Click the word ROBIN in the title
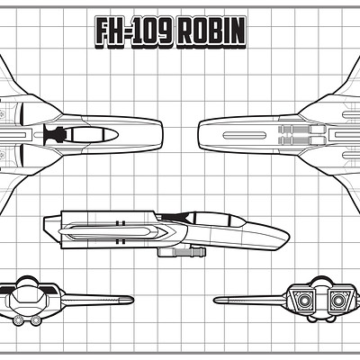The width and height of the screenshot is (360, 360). point(211,32)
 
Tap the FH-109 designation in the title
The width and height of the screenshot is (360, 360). point(134,32)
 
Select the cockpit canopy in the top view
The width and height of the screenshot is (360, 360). point(91,134)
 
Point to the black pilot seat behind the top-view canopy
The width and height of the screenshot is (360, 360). point(54,134)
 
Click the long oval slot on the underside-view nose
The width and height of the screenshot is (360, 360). point(244,135)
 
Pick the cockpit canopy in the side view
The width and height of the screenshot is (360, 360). point(214,220)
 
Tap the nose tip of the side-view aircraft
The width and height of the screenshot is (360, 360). point(289,239)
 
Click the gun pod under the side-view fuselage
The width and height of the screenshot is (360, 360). point(182,251)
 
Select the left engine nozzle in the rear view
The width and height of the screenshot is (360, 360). point(304,301)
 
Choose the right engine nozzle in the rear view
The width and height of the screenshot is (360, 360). point(337,301)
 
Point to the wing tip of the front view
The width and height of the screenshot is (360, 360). point(131,300)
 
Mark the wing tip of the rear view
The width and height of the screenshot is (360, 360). point(216,300)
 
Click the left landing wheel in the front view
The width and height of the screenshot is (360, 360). point(18,321)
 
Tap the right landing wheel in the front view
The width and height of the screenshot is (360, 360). point(36,321)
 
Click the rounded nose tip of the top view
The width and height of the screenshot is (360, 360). point(162,135)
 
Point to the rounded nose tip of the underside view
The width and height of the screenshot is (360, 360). point(199,135)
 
